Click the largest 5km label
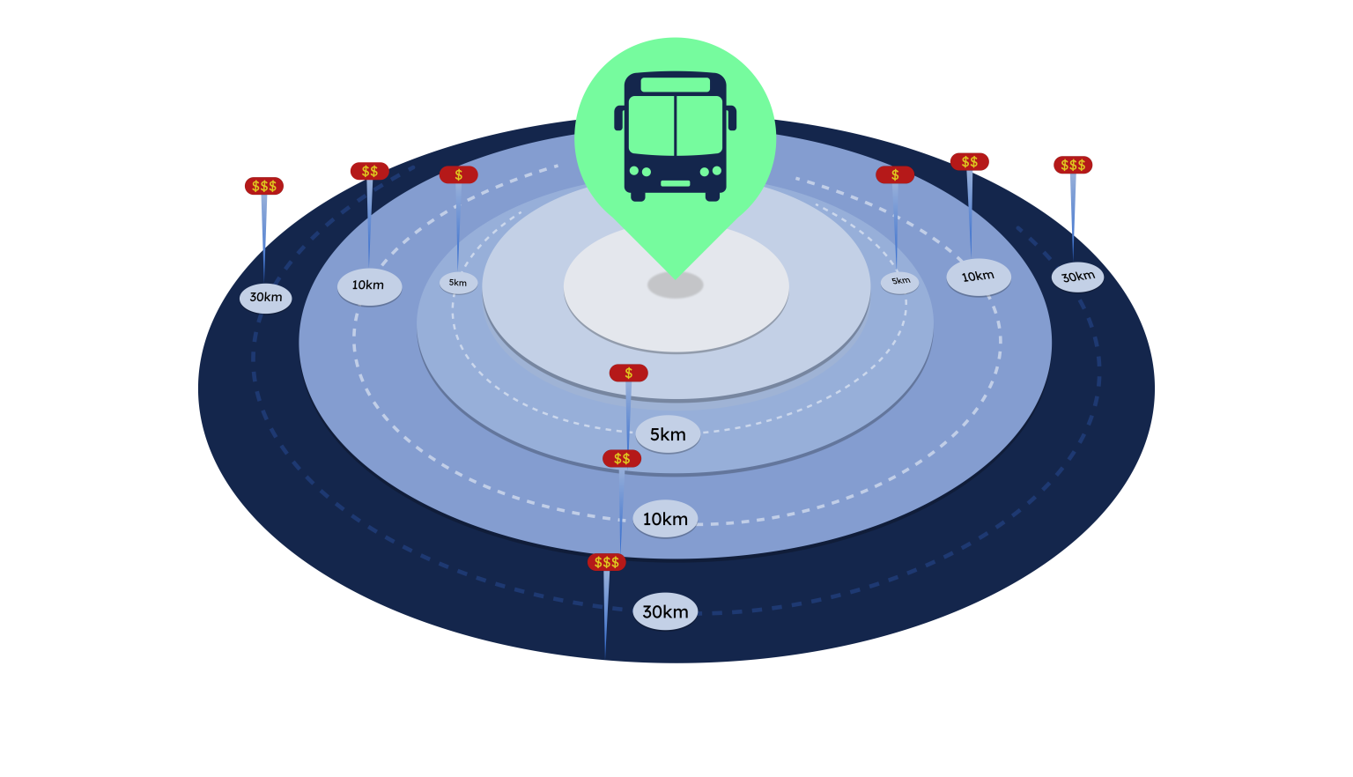[668, 434]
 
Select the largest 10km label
[665, 519]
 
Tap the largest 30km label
[665, 611]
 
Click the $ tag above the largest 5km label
[628, 374]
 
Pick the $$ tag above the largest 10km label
[622, 459]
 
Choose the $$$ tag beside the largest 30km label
[607, 562]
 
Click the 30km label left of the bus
[265, 298]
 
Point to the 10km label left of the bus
[369, 286]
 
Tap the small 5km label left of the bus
[458, 283]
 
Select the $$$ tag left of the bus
[264, 186]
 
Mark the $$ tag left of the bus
[369, 171]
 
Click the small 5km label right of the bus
[899, 282]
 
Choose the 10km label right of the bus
[978, 277]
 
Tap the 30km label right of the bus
[1077, 277]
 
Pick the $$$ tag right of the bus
[1073, 165]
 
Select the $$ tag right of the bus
[969, 162]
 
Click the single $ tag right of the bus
[895, 175]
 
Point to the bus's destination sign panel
[676, 85]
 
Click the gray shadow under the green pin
[676, 285]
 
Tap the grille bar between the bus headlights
[676, 183]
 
